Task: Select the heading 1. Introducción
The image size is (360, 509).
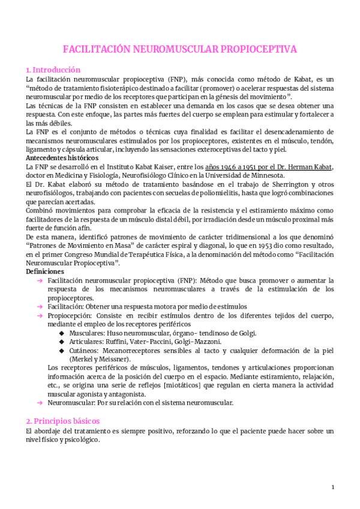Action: pos(53,70)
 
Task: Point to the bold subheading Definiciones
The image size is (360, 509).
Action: pos(46,271)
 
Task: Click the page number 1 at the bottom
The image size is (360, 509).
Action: pos(333,486)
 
